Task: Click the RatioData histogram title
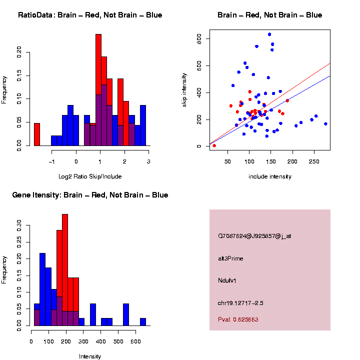pos(90,15)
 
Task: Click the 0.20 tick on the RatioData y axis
pos(20,52)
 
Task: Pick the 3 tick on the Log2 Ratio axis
pos(148,161)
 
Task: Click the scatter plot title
pos(269,15)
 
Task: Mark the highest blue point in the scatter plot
pos(269,34)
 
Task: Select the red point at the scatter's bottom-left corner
pos(214,145)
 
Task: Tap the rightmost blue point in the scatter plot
pos(325,123)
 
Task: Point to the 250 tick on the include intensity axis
pos(314,161)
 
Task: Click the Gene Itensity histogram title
pos(90,194)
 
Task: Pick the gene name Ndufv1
pos(227,280)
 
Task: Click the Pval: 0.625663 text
pos(238,319)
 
